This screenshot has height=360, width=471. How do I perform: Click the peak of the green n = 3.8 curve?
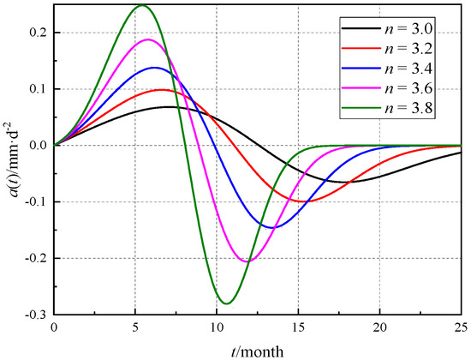click(140, 6)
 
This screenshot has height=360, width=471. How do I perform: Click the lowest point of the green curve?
click(227, 303)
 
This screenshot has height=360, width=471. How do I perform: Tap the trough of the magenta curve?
click(247, 261)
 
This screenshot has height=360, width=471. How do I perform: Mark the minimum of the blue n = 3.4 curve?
click(271, 228)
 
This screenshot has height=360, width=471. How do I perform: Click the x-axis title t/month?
click(258, 350)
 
